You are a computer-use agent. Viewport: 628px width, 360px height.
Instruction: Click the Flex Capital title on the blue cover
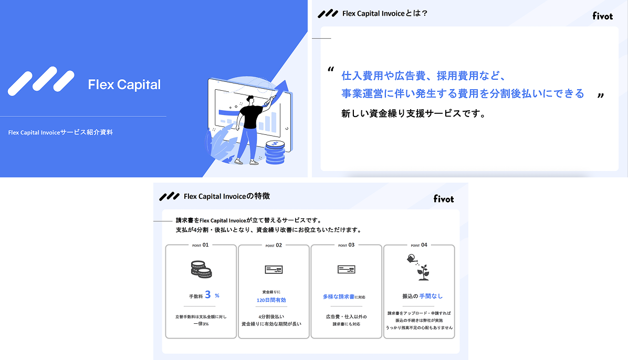(x=124, y=84)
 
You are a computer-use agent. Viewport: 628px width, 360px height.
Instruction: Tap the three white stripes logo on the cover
(x=41, y=81)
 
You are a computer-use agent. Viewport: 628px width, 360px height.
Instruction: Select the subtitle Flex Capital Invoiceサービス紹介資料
(x=60, y=132)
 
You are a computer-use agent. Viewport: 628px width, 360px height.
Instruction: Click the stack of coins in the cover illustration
(x=275, y=152)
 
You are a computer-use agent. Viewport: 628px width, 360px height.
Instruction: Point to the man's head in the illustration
(x=250, y=99)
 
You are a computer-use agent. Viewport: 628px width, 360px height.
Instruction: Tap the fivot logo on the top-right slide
(x=603, y=16)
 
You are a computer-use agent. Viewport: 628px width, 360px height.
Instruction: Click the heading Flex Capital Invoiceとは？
(x=385, y=13)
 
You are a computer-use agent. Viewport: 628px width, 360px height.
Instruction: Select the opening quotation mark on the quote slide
(x=330, y=69)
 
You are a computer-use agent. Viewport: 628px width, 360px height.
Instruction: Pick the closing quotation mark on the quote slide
(x=600, y=96)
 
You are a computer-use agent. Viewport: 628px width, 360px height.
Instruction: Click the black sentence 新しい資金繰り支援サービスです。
(x=414, y=113)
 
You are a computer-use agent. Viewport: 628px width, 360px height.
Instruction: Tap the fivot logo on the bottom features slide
(x=444, y=198)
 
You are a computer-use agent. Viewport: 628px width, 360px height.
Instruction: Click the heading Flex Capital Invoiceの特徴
(x=227, y=196)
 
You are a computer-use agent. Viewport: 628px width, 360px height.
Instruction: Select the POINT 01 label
(x=201, y=245)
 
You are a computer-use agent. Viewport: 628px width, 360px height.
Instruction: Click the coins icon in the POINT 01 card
(x=201, y=269)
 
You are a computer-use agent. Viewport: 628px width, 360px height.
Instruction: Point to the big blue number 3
(x=208, y=295)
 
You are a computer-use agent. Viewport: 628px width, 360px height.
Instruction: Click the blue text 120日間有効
(x=271, y=300)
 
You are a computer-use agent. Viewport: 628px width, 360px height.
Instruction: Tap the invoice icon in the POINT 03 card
(x=346, y=270)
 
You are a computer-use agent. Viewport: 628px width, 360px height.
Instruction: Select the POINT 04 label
(x=419, y=245)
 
